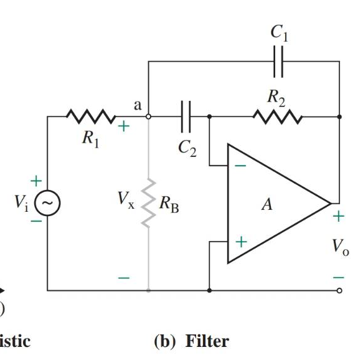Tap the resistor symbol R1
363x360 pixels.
[91, 116]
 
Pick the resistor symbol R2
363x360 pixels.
[277, 116]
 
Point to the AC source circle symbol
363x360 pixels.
[47, 202]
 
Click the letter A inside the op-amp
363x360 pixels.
[267, 204]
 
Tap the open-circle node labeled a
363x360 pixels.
[148, 116]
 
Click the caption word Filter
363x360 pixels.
[208, 341]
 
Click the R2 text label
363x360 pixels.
[276, 97]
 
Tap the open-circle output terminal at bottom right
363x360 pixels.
[339, 290]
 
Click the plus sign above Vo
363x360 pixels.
[338, 217]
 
